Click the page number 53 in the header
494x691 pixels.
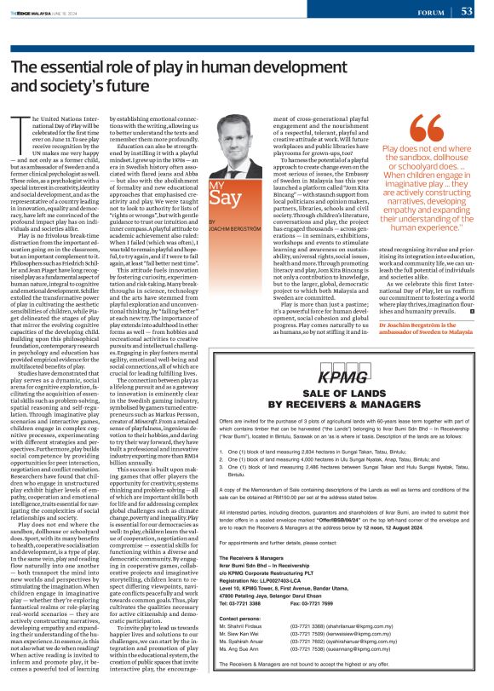point(467,11)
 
